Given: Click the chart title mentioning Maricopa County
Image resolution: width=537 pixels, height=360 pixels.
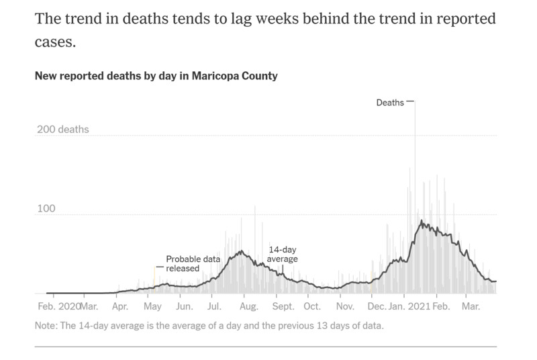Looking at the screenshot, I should [156, 76].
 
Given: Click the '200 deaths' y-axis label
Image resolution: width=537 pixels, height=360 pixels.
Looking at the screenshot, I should [62, 130].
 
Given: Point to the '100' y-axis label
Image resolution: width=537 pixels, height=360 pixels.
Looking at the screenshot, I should [45, 209].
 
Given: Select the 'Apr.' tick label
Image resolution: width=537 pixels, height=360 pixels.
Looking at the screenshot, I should [120, 307].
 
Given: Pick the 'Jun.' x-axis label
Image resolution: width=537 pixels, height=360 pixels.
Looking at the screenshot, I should [185, 307].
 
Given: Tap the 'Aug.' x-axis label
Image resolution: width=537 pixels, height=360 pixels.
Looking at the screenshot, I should [248, 307].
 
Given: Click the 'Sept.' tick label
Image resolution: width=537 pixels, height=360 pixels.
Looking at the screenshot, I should [283, 307].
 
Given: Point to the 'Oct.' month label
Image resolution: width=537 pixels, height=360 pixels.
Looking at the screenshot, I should [312, 307].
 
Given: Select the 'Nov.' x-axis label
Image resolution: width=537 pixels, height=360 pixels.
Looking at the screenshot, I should [345, 307].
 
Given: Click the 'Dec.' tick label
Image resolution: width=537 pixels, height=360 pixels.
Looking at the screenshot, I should [377, 307].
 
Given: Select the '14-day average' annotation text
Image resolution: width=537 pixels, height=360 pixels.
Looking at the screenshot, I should [283, 253].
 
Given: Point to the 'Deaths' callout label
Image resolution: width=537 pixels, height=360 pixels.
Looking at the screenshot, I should [390, 103].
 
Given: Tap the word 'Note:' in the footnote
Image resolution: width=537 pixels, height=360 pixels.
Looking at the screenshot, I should [48, 326].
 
